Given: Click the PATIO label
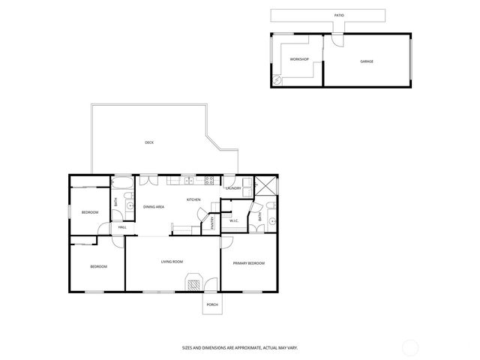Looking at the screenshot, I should [x=340, y=15].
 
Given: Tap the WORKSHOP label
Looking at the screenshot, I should [x=299, y=58].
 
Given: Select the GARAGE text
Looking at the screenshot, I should [x=366, y=61].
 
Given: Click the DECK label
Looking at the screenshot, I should [x=149, y=142].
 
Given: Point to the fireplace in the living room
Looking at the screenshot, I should [x=194, y=283].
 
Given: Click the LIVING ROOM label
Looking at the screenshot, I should [x=172, y=262].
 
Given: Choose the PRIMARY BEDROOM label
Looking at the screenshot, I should [x=248, y=263].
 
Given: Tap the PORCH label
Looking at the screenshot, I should [x=212, y=305].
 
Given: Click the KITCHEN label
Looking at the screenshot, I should [x=193, y=200].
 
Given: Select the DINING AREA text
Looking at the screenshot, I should [x=154, y=207].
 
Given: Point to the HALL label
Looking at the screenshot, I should [x=121, y=227].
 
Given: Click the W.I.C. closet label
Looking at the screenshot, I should [x=234, y=220].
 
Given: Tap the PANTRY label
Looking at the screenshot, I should [x=212, y=223].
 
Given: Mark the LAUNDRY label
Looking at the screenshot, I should [x=233, y=188].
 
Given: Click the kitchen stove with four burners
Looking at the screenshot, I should [x=209, y=180].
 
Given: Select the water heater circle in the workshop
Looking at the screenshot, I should [x=276, y=79].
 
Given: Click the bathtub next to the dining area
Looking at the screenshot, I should [x=123, y=181].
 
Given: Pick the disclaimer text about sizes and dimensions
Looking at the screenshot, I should [x=240, y=347].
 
